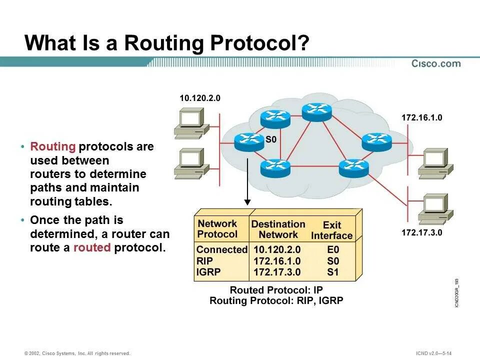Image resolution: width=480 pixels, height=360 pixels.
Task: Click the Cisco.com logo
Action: (x=436, y=63)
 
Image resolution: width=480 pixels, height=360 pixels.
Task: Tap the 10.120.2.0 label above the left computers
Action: (x=199, y=98)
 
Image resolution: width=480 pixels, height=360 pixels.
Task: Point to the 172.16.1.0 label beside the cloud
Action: (x=422, y=118)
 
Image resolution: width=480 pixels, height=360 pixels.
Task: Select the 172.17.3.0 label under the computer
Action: (x=422, y=232)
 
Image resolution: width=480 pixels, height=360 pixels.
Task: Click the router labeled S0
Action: (x=248, y=142)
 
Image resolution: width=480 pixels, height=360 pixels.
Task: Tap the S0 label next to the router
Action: (x=270, y=139)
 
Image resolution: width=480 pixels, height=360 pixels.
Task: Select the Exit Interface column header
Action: (x=331, y=230)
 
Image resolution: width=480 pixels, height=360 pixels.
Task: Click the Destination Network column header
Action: (x=278, y=229)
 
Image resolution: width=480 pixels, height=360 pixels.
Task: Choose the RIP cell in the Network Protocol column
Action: (x=204, y=261)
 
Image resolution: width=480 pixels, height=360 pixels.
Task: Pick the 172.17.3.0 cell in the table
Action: (x=277, y=272)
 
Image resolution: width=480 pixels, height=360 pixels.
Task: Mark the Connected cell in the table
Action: (x=222, y=249)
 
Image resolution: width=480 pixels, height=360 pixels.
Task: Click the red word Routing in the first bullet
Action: (x=53, y=146)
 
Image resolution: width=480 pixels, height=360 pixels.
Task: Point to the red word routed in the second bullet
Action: (x=92, y=247)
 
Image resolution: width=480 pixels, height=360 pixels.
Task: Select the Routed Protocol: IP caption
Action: (x=276, y=290)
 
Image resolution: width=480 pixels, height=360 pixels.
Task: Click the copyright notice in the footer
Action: (x=77, y=353)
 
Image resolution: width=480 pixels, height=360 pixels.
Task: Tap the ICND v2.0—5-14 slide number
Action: (x=433, y=353)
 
